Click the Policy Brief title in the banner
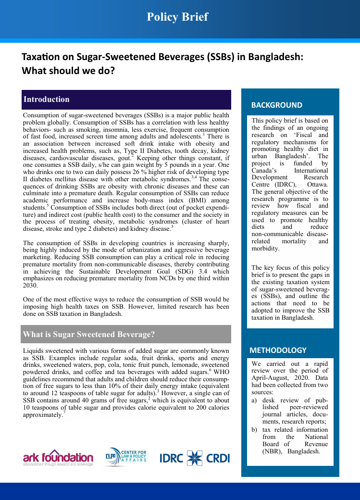177,17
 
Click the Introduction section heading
47,100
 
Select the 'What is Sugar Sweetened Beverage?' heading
89,334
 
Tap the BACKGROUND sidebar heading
277,105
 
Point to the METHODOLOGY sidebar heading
278,350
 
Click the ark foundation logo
58,458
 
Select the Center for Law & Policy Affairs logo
126,457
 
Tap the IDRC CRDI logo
195,458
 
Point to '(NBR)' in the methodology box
273,451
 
